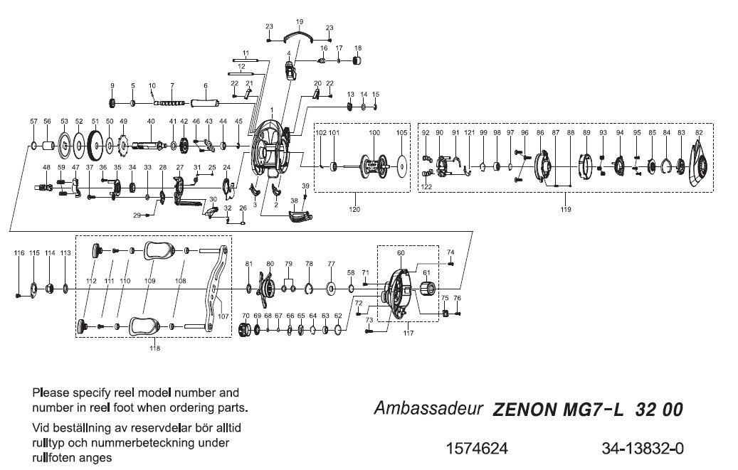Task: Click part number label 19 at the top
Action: pyautogui.click(x=299, y=22)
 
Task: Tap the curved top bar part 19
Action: pyautogui.click(x=298, y=36)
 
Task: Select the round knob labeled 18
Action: pyautogui.click(x=358, y=60)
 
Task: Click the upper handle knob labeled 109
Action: pyautogui.click(x=159, y=251)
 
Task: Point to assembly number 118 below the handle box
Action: pyautogui.click(x=154, y=348)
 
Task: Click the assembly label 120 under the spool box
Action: pyautogui.click(x=354, y=209)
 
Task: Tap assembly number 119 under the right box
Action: pyautogui.click(x=566, y=209)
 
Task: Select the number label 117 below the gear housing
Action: pyautogui.click(x=408, y=332)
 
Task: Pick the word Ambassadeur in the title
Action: pyautogui.click(x=428, y=410)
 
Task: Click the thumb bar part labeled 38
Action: pyautogui.click(x=300, y=215)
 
